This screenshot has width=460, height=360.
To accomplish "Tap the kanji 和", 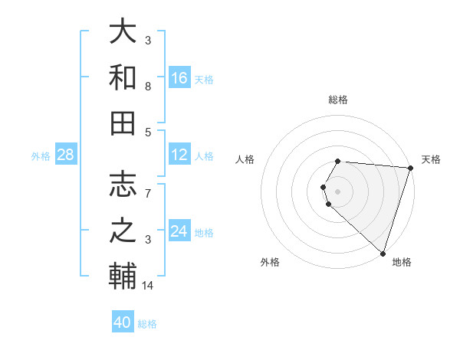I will click(x=123, y=77).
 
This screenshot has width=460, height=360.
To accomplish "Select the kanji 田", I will click(x=123, y=123).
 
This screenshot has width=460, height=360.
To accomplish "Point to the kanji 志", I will click(x=123, y=184).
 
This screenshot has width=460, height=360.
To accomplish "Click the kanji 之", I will click(x=123, y=230).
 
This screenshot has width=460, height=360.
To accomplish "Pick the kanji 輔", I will click(x=123, y=276).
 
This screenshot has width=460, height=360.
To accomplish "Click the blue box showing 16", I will click(x=179, y=78).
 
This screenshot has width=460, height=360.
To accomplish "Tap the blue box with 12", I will click(x=179, y=155).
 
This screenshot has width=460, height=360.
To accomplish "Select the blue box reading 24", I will click(x=179, y=231).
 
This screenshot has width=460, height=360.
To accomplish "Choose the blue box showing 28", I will click(x=66, y=155).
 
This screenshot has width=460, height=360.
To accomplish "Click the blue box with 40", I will click(x=123, y=322).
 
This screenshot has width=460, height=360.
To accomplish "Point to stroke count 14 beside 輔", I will click(x=148, y=286).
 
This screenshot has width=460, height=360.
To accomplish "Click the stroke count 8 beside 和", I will click(x=148, y=87).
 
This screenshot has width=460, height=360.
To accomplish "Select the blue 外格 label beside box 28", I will click(x=41, y=156).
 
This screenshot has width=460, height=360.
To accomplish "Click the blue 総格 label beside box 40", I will click(x=147, y=324).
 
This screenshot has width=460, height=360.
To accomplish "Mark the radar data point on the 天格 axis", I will click(x=410, y=168).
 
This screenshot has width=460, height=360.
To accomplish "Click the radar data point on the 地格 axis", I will click(x=383, y=253).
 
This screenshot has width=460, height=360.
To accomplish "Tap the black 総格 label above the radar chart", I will click(x=338, y=100).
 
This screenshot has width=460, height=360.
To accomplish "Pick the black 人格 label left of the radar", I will click(x=245, y=159).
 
